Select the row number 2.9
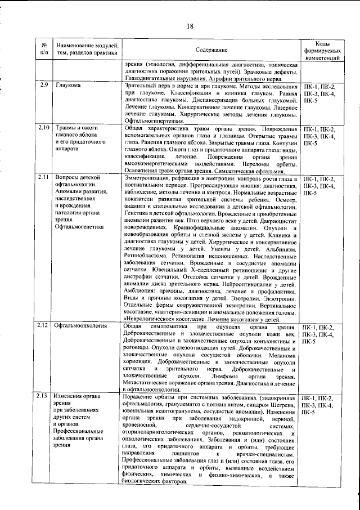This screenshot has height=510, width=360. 44,85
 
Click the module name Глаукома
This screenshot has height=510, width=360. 68,85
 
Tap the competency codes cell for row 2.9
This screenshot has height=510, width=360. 319,93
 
